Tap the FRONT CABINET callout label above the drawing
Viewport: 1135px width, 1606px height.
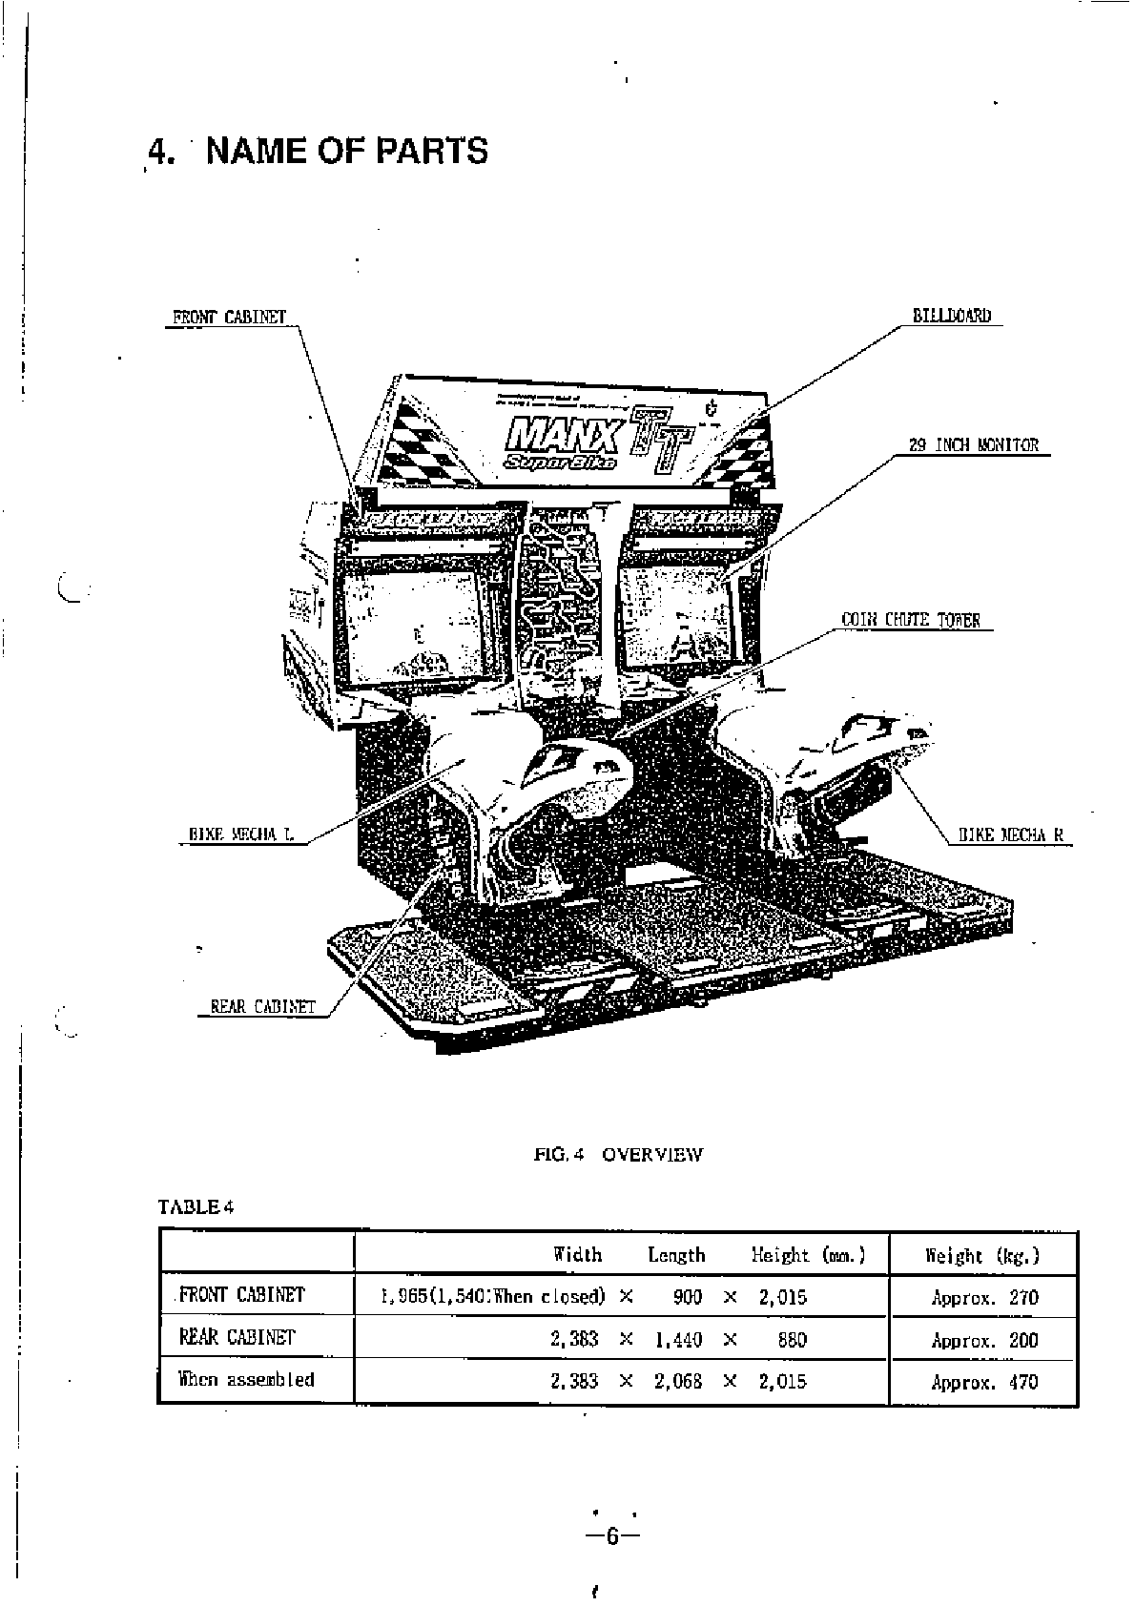(229, 318)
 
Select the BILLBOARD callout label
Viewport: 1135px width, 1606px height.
(952, 316)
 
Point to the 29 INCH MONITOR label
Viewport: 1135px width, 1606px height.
(974, 445)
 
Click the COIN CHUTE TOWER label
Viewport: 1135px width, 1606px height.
(910, 620)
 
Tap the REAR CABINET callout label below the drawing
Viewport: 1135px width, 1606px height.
(262, 1006)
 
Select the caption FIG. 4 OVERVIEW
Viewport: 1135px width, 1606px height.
(618, 1155)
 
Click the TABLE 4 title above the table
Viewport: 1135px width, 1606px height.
(196, 1207)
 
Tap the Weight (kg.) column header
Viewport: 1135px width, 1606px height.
(982, 1256)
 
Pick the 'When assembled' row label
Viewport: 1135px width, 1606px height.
(246, 1379)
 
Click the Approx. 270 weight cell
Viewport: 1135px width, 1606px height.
(984, 1298)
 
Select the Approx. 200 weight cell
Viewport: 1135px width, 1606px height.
(984, 1340)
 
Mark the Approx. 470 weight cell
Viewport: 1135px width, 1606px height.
(984, 1382)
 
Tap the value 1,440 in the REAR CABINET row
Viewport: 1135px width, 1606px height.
(678, 1340)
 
